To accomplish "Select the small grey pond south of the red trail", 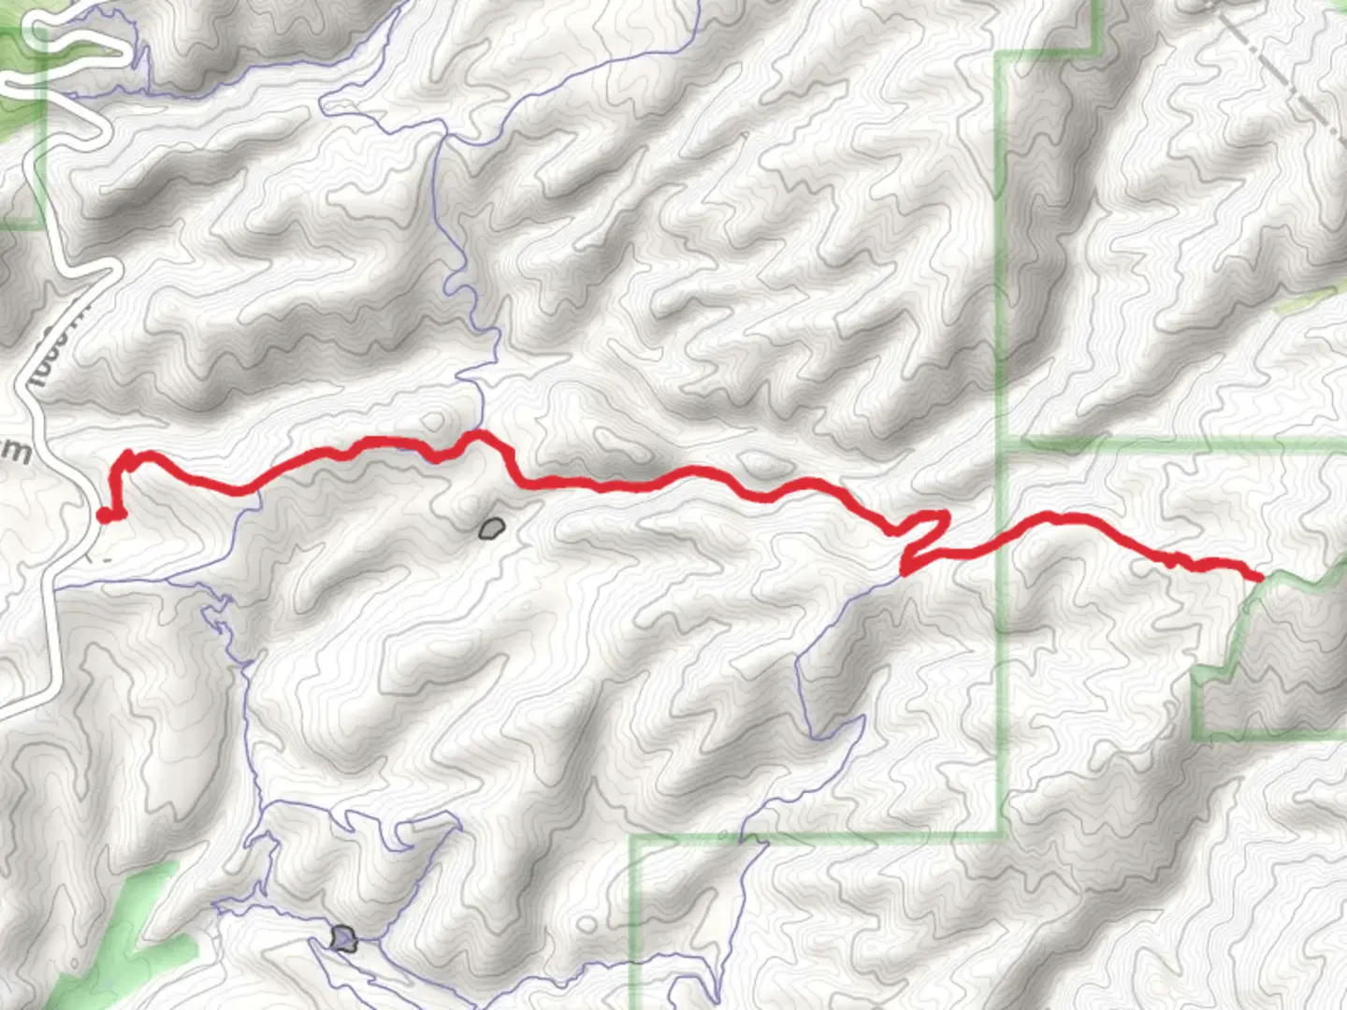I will tap(491, 529).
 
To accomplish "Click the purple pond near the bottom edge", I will tap(344, 938).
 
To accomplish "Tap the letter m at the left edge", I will tap(17, 452).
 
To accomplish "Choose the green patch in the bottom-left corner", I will tap(131, 935).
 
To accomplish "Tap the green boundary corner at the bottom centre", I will tap(632, 838).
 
